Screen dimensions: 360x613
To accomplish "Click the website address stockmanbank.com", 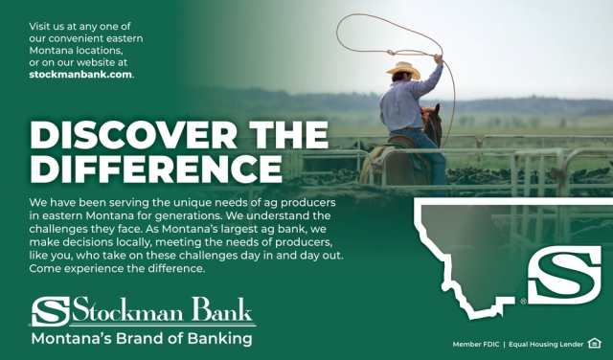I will pos(80,74).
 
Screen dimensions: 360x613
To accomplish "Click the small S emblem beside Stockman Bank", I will pos(49,311).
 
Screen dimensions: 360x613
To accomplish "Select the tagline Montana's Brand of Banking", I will pos(142,338).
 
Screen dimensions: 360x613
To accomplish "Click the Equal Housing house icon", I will pos(595,342).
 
